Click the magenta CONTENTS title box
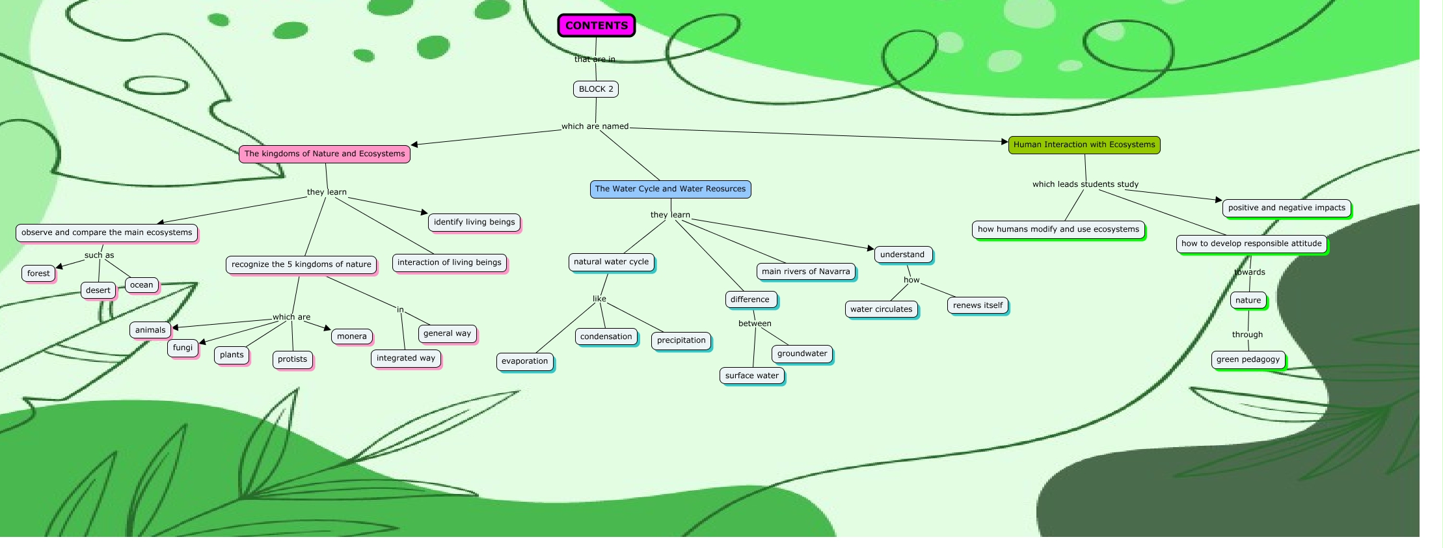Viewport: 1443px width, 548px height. [596, 25]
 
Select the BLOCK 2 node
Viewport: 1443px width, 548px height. [596, 89]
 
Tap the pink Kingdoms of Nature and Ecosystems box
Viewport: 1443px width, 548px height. [325, 154]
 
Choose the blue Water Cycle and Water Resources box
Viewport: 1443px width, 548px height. [670, 189]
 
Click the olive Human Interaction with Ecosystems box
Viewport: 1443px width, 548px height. [1084, 144]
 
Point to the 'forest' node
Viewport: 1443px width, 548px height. [38, 273]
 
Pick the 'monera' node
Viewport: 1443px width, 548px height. [352, 336]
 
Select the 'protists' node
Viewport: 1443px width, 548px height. [292, 359]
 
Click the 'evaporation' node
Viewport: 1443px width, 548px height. [524, 361]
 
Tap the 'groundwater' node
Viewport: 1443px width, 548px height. [802, 353]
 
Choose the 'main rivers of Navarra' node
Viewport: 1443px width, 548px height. [805, 271]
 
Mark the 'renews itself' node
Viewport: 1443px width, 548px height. [978, 305]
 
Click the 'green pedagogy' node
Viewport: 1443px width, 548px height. [1248, 359]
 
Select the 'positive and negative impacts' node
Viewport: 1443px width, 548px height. [1286, 208]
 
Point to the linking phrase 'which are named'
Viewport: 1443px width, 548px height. [595, 126]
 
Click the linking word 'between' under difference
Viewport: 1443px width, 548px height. [755, 323]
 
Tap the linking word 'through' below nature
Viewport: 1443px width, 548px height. [1247, 335]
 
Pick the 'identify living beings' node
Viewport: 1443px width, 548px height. [474, 222]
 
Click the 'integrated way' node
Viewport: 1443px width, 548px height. [406, 358]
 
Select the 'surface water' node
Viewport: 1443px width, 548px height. [752, 376]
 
